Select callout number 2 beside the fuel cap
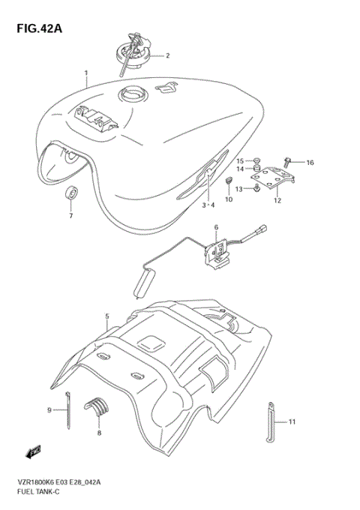coord(168,55)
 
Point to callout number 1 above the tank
coord(86,73)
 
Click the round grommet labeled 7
coord(71,193)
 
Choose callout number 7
coord(71,216)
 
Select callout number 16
coord(310,162)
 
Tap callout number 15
coord(241,161)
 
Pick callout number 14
coord(241,170)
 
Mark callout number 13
coord(240,190)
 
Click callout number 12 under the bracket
coord(277,201)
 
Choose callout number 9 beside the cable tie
coord(49,410)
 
